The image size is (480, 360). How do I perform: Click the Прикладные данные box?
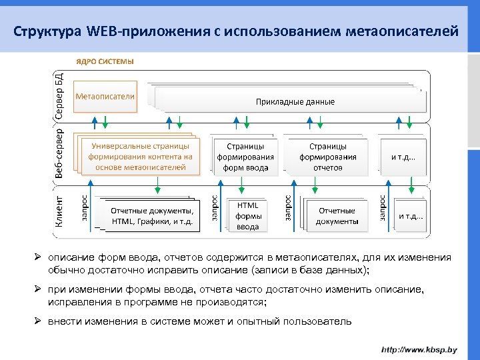click(x=295, y=101)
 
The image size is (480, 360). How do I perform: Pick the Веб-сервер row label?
click(x=59, y=154)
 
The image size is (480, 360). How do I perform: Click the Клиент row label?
click(x=59, y=211)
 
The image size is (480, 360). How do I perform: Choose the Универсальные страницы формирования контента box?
click(x=140, y=157)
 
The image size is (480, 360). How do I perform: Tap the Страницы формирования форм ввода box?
click(x=245, y=157)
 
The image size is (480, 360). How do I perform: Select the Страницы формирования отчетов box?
click(x=327, y=157)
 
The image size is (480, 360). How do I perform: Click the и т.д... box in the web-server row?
click(x=403, y=157)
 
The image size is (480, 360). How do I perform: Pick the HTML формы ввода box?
click(x=247, y=216)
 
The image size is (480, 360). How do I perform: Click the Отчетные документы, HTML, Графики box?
click(x=155, y=216)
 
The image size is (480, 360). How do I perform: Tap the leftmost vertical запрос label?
click(x=85, y=208)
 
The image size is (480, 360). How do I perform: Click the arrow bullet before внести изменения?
click(x=39, y=321)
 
